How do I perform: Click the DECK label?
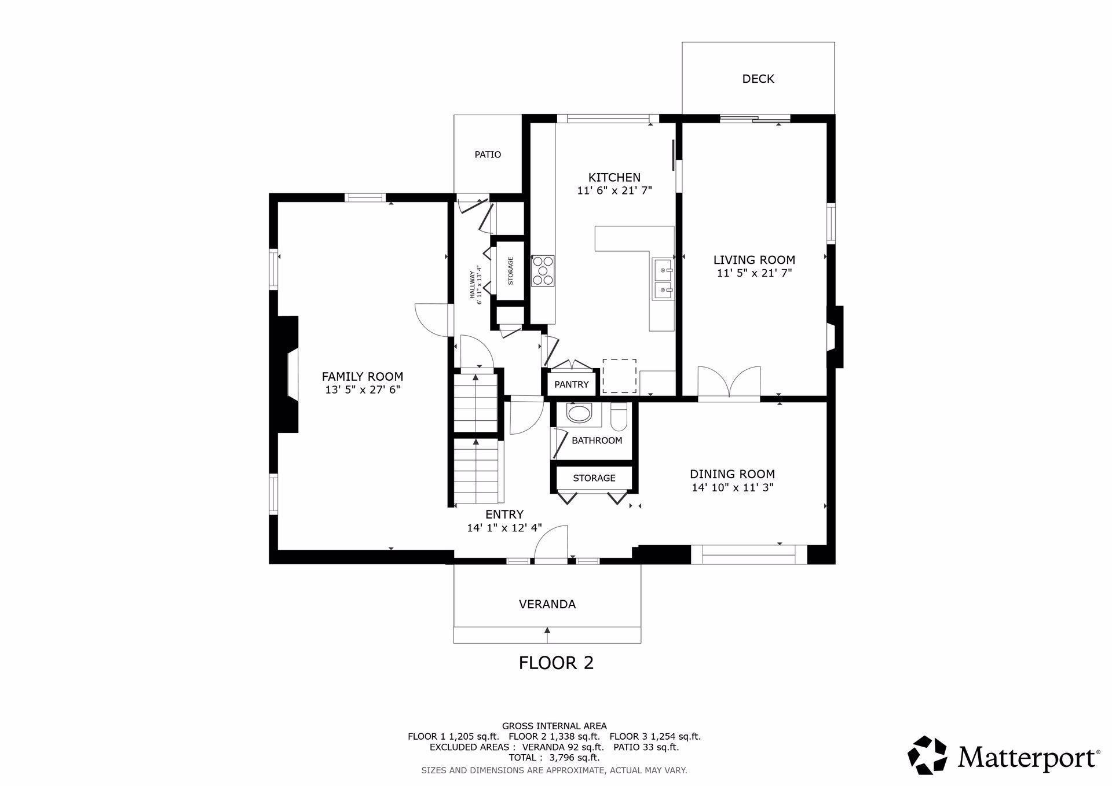point(758,79)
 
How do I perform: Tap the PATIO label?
point(488,155)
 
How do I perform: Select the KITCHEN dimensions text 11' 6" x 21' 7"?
point(614,190)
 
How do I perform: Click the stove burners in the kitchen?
point(543,271)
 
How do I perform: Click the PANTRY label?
point(571,384)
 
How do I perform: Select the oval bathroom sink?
point(579,413)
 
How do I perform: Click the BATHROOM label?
point(597,440)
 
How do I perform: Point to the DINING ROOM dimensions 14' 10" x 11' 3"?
point(732,488)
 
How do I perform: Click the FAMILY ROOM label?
point(363,377)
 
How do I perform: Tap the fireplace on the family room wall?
point(288,374)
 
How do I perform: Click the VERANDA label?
point(547,604)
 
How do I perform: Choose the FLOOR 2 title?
point(556,663)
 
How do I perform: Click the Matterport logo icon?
point(927,755)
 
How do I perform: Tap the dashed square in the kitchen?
point(619,376)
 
